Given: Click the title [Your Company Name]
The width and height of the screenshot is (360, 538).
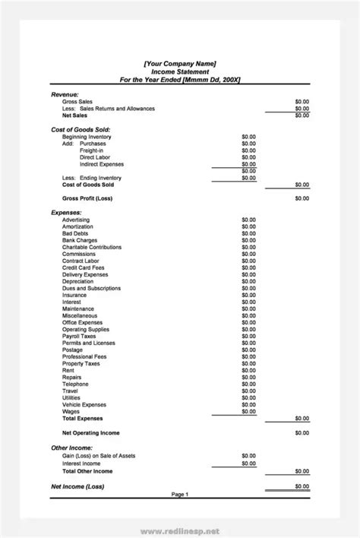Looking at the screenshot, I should pyautogui.click(x=180, y=63).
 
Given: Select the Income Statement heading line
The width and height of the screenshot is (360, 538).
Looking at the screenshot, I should pyautogui.click(x=180, y=71).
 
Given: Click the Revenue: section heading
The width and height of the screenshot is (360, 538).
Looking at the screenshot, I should pyautogui.click(x=65, y=93).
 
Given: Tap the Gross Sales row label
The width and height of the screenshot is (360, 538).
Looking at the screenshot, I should pyautogui.click(x=78, y=101).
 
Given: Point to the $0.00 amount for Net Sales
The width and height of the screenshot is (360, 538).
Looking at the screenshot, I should pyautogui.click(x=302, y=116).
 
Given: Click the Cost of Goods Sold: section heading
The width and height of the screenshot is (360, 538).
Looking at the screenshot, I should pyautogui.click(x=81, y=130).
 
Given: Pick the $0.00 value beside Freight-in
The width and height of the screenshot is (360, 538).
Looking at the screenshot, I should pyautogui.click(x=248, y=150).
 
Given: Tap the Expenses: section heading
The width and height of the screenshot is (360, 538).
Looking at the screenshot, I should pyautogui.click(x=66, y=213).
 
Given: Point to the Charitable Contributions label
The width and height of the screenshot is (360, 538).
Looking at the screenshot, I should pyautogui.click(x=92, y=247).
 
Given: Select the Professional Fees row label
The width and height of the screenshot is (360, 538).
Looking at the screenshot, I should pyautogui.click(x=85, y=356).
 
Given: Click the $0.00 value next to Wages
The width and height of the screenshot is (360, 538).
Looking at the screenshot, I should pyautogui.click(x=248, y=411).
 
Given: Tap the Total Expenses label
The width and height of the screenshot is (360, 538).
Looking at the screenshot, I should pyautogui.click(x=82, y=418).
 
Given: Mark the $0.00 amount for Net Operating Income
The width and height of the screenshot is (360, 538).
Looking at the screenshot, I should pyautogui.click(x=302, y=433).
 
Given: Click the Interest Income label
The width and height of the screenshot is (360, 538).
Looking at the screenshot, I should pyautogui.click(x=81, y=463).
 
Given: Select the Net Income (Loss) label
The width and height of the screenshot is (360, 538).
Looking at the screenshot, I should pyautogui.click(x=77, y=486).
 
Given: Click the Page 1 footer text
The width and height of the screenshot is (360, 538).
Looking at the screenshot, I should pyautogui.click(x=180, y=495).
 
